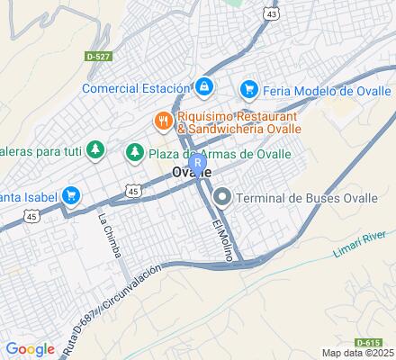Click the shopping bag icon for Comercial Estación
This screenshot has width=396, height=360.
click(x=204, y=87)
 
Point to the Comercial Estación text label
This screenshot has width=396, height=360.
click(x=136, y=88)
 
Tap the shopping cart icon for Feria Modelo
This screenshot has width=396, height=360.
click(x=248, y=90)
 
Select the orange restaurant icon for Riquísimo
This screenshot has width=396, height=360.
click(x=163, y=118)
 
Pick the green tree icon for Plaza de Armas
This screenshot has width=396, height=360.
click(x=135, y=152)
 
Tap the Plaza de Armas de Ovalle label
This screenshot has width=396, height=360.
click(x=220, y=153)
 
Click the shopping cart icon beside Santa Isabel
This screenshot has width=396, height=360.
click(x=72, y=195)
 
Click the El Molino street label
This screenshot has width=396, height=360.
click(x=222, y=238)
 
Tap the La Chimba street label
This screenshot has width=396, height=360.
click(x=110, y=236)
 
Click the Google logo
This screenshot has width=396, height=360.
click(x=30, y=349)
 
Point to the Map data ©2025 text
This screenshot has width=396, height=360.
click(x=358, y=353)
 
